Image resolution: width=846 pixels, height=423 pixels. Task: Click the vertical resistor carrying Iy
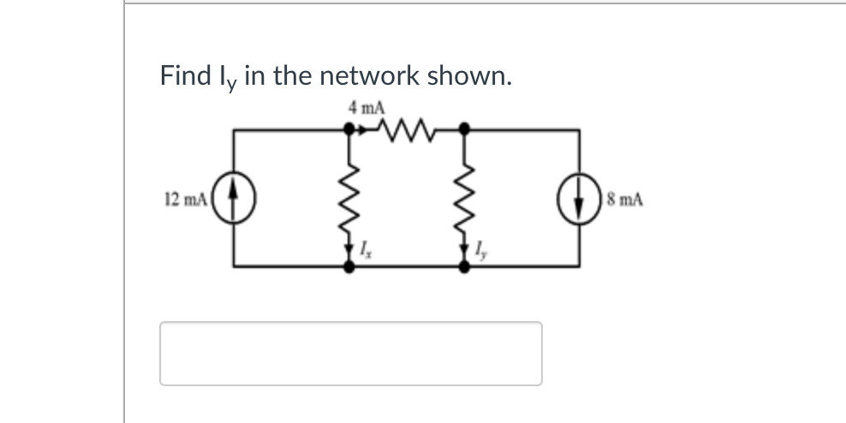point(464,197)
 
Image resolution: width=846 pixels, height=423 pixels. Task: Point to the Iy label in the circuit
point(481,252)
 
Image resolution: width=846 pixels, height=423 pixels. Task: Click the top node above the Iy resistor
point(464,130)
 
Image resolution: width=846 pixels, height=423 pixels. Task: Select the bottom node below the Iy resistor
point(464,266)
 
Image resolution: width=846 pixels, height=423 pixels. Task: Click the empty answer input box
point(350,353)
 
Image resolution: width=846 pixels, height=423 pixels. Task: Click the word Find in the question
point(183,75)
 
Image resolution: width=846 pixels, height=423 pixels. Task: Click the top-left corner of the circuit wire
point(235,130)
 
